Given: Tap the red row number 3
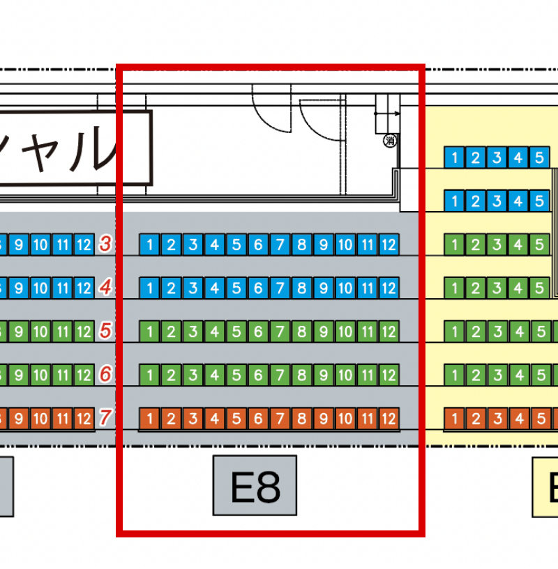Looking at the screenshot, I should tap(106, 244).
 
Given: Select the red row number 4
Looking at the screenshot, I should tap(106, 287).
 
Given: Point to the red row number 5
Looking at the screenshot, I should tap(106, 331).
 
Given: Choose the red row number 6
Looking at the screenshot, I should tap(106, 374).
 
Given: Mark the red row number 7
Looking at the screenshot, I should tap(106, 418).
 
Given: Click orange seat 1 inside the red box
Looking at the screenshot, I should tap(150, 419).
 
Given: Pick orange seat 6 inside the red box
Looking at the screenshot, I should tap(258, 419).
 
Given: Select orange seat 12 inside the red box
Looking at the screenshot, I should tap(389, 419).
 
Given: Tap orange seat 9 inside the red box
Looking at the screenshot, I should tap(323, 419).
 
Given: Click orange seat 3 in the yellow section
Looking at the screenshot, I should tap(497, 419).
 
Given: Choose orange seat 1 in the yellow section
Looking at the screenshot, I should tap(454, 419).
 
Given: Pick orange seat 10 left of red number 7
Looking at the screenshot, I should tap(40, 419).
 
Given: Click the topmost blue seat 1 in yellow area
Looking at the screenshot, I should tap(454, 157).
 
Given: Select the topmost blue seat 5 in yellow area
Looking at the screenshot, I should tap(539, 157).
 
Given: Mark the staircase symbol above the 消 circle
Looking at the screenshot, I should tap(387, 114).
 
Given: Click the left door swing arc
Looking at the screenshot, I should tap(271, 111).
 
